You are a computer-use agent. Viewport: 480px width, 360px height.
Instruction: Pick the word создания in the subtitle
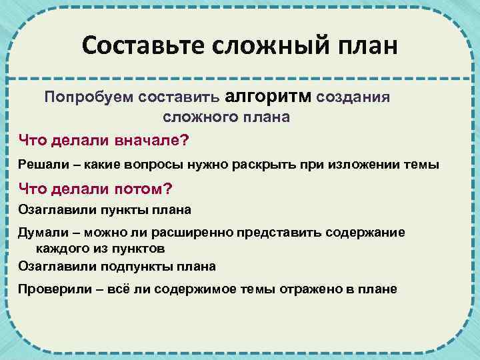tap(353, 97)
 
